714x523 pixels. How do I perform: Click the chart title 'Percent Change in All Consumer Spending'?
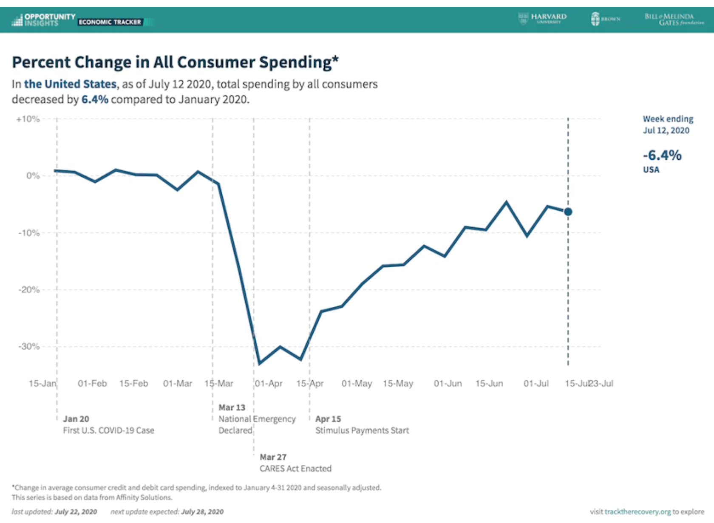[x=175, y=62]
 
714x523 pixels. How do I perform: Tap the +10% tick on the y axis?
[x=28, y=119]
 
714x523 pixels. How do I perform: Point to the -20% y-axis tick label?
[x=29, y=290]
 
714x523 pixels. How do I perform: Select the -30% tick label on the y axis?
[x=29, y=347]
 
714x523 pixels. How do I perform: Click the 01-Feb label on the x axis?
[x=92, y=384]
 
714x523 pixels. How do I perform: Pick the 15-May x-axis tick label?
[x=398, y=384]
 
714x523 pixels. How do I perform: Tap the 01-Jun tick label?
[x=448, y=384]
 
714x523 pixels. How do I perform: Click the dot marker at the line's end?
[x=568, y=212]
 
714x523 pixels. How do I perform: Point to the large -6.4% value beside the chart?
[x=662, y=155]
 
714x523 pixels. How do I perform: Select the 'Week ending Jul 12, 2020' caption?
[x=668, y=124]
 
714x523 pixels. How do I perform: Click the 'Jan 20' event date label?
[x=76, y=419]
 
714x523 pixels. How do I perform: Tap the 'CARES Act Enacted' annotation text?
[x=295, y=469]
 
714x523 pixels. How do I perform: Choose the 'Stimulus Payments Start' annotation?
[x=362, y=430]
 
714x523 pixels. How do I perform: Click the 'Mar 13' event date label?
[x=232, y=407]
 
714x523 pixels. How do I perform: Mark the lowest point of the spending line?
[x=259, y=364]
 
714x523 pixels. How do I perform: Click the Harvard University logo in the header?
[x=543, y=19]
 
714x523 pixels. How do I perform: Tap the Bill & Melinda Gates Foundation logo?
[x=674, y=19]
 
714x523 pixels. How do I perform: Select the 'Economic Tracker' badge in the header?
[x=110, y=22]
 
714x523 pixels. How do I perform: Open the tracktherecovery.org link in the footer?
[x=637, y=512]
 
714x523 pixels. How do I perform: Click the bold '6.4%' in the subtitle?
[x=95, y=99]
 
